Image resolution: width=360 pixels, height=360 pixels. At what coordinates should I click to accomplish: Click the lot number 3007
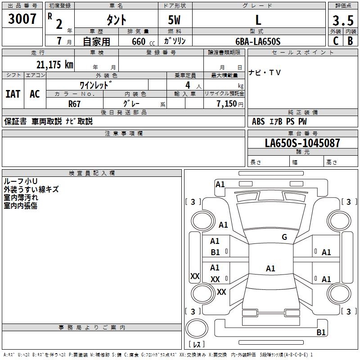click(22, 19)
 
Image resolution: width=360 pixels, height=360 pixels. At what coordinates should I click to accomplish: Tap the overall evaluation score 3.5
click(343, 20)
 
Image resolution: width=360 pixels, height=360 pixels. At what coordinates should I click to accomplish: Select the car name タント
click(116, 20)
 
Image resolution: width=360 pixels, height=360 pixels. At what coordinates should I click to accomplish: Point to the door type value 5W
click(175, 20)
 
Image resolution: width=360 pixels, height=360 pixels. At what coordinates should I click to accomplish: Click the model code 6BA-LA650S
click(258, 41)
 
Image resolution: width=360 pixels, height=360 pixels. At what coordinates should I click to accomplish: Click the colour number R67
click(74, 103)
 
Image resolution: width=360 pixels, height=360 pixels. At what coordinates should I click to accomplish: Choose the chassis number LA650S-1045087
click(302, 143)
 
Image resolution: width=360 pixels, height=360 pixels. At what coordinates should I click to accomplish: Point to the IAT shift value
click(13, 94)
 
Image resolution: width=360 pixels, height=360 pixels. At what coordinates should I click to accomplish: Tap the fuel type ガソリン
click(175, 41)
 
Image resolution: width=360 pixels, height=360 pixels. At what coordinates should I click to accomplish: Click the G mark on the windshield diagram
click(284, 237)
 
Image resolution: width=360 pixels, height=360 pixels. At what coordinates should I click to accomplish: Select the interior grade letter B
click(350, 41)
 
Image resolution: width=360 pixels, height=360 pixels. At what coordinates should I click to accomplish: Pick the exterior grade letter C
click(335, 41)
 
